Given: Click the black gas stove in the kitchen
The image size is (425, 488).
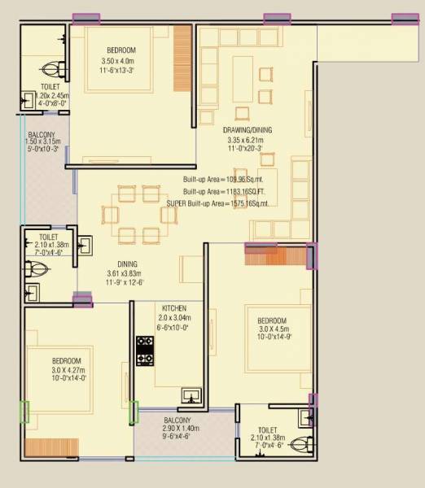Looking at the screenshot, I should pos(145,351).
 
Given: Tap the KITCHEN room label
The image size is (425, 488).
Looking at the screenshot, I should pos(174,308).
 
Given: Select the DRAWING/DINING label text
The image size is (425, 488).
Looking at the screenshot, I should pos(248,129).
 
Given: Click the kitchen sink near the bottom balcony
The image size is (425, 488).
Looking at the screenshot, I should pos(191,396).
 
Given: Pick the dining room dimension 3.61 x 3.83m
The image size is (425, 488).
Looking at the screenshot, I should pos(126,273).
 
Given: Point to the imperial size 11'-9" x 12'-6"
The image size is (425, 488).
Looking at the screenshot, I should pos(126,283).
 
